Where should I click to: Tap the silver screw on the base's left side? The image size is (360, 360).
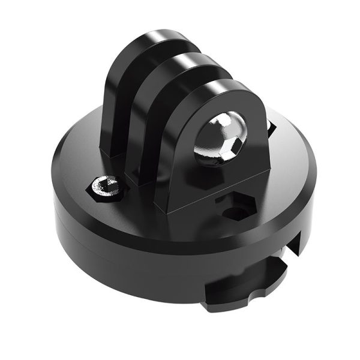[107, 187]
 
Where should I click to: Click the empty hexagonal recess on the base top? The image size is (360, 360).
[233, 207]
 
